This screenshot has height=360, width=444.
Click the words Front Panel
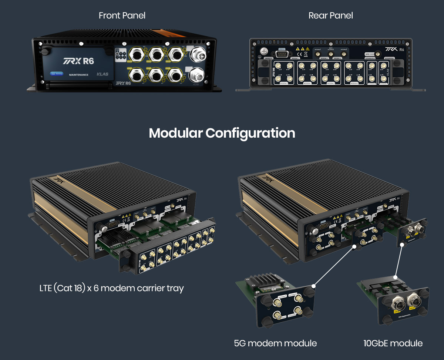point(122,16)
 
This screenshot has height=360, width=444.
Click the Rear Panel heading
point(330,16)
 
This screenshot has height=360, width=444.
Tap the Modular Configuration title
point(222,133)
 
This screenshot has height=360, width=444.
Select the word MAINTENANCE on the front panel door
point(78,75)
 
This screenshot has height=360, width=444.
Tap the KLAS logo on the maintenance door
point(102,74)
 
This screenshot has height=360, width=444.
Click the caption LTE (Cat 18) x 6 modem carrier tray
point(111,288)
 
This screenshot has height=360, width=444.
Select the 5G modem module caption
point(275,343)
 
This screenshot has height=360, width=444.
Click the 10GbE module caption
point(393,343)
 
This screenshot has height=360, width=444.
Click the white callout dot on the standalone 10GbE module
point(396,277)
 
